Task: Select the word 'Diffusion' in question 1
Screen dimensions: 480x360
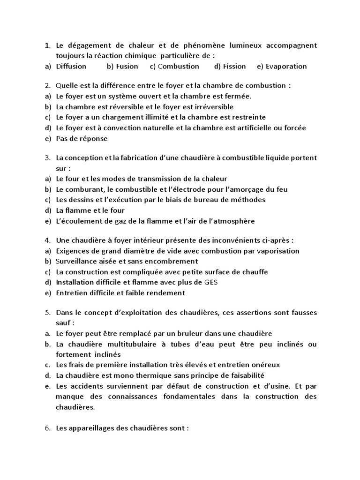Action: pyautogui.click(x=71, y=67)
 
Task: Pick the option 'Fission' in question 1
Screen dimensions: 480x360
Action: pyautogui.click(x=234, y=67)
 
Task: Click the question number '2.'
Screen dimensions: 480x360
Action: pyautogui.click(x=47, y=86)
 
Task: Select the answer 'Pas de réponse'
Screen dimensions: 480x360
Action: pyautogui.click(x=82, y=139)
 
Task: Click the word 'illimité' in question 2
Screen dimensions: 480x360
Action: pyautogui.click(x=159, y=117)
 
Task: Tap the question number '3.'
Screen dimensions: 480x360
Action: pyautogui.click(x=47, y=158)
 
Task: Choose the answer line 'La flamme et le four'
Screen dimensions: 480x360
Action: pyautogui.click(x=90, y=210)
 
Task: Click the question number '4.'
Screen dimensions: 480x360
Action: pyautogui.click(x=47, y=240)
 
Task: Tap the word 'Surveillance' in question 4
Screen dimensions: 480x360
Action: pyautogui.click(x=77, y=262)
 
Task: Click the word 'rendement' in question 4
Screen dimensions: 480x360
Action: pyautogui.click(x=166, y=293)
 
